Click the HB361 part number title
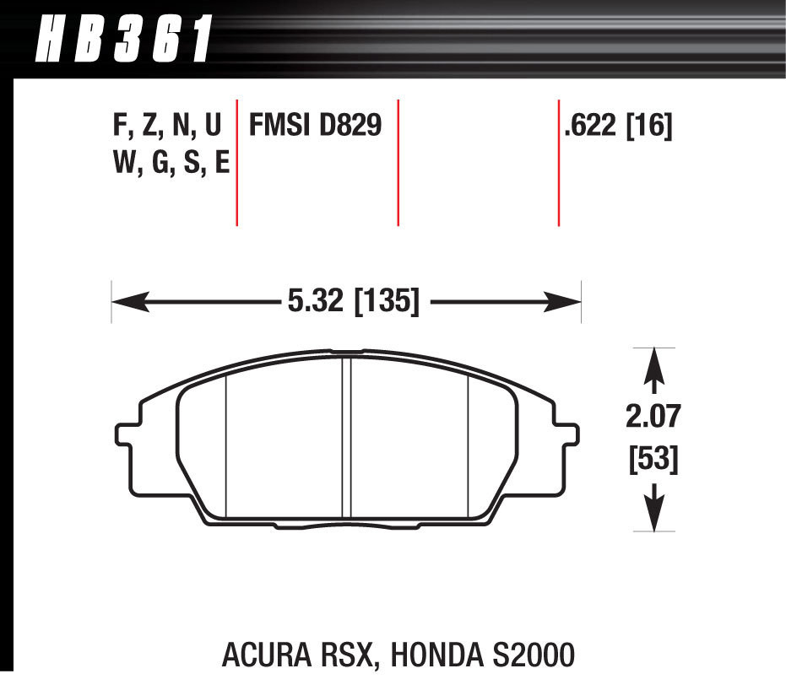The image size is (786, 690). (122, 40)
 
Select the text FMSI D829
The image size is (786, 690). (315, 127)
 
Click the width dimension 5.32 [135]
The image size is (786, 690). (349, 301)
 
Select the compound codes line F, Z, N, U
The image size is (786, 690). (166, 127)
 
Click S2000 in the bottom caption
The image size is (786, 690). (527, 655)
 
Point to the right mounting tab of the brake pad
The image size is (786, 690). (567, 432)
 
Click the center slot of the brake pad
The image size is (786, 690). (346, 439)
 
